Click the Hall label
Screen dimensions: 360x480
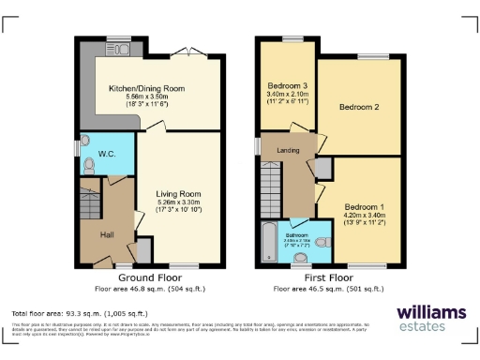pyautogui.click(x=107, y=234)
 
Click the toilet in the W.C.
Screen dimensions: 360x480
pyautogui.click(x=89, y=165)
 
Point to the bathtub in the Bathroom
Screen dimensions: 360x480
pyautogui.click(x=269, y=242)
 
